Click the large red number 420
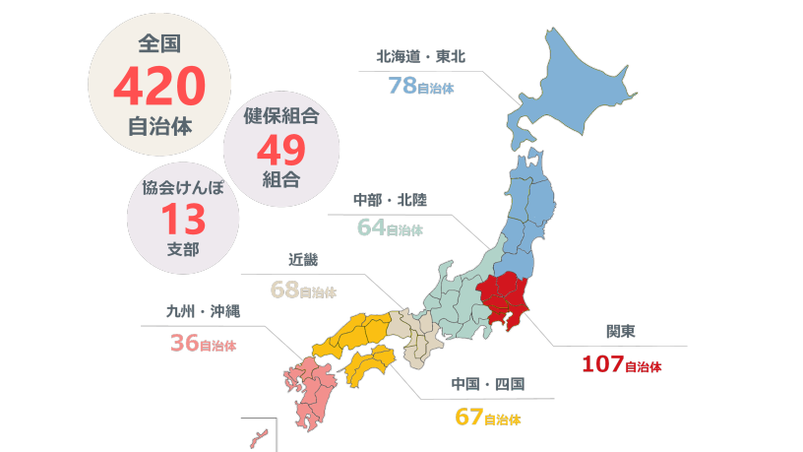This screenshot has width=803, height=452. (x=158, y=87)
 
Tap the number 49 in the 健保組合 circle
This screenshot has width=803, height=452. (x=281, y=150)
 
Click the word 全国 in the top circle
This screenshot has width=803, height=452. (x=158, y=43)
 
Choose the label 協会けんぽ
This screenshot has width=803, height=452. (x=183, y=187)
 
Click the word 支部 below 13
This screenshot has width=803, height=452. (x=183, y=248)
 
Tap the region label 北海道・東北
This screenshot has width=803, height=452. (x=420, y=56)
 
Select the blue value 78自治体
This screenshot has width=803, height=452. (x=421, y=86)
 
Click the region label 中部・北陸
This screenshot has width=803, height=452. (x=390, y=200)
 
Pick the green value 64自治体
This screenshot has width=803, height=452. (x=390, y=228)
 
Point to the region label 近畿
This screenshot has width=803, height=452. (x=303, y=261)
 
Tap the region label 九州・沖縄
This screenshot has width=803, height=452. (x=203, y=313)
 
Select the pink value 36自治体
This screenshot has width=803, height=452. (x=203, y=344)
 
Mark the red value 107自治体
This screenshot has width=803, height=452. (x=621, y=364)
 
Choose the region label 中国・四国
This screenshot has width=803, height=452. (x=488, y=384)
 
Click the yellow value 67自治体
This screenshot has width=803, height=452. (x=488, y=417)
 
